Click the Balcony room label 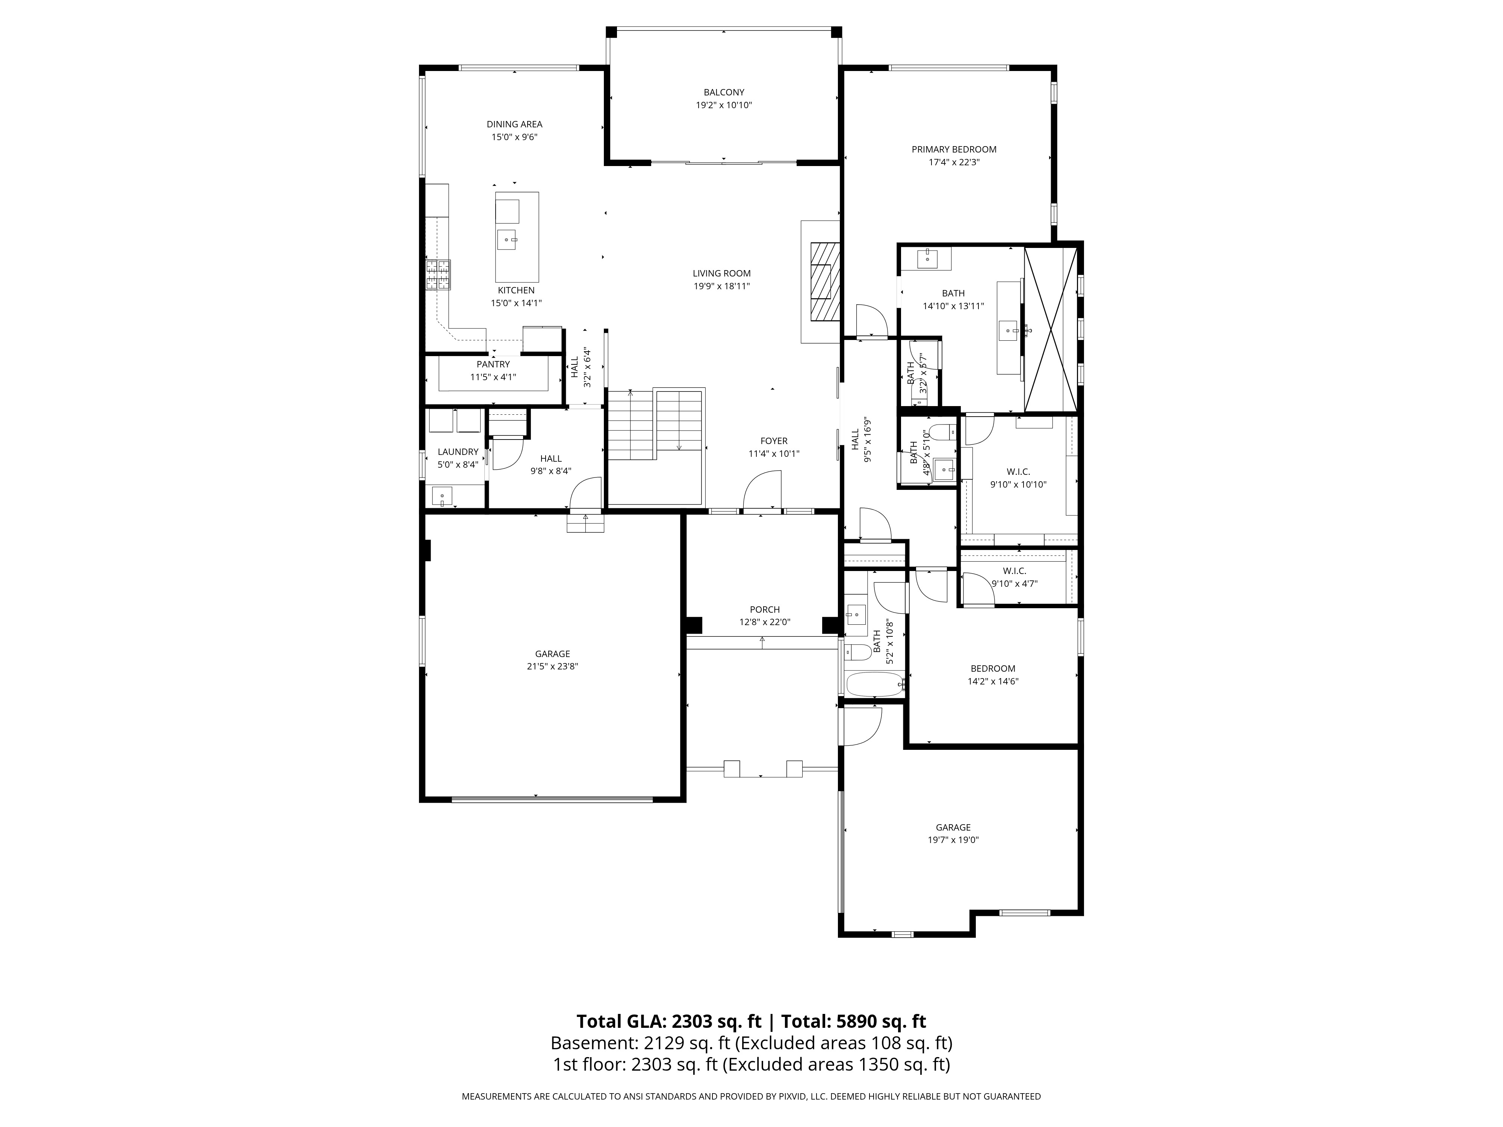(x=724, y=92)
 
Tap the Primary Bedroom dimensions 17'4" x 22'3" (x=954, y=162)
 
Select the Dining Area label (x=514, y=124)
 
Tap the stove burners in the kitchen (x=438, y=275)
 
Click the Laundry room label (x=458, y=452)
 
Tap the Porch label (x=765, y=609)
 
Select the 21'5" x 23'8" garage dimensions (x=552, y=666)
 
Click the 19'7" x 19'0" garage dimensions (x=953, y=840)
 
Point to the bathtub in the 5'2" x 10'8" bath (x=873, y=684)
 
